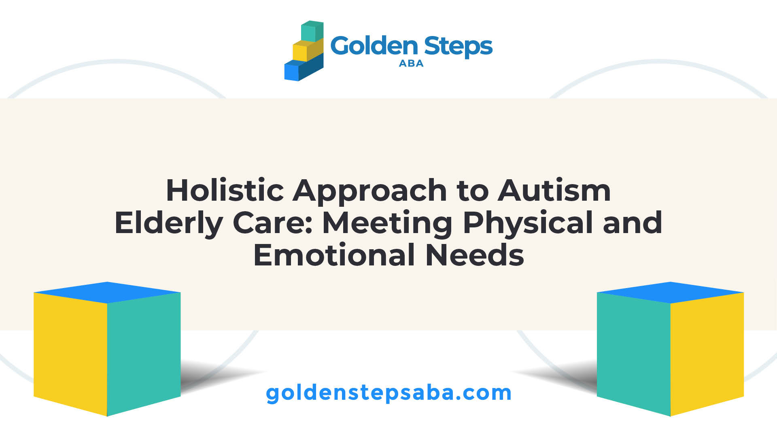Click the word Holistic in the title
(225, 190)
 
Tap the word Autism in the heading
(554, 190)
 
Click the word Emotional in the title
(334, 255)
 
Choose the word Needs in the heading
(475, 255)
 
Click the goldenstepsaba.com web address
(388, 393)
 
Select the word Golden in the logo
(374, 46)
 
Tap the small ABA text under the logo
(411, 64)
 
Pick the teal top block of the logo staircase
(312, 31)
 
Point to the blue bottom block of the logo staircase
(304, 69)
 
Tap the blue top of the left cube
(107, 292)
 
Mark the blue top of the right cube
(671, 292)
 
